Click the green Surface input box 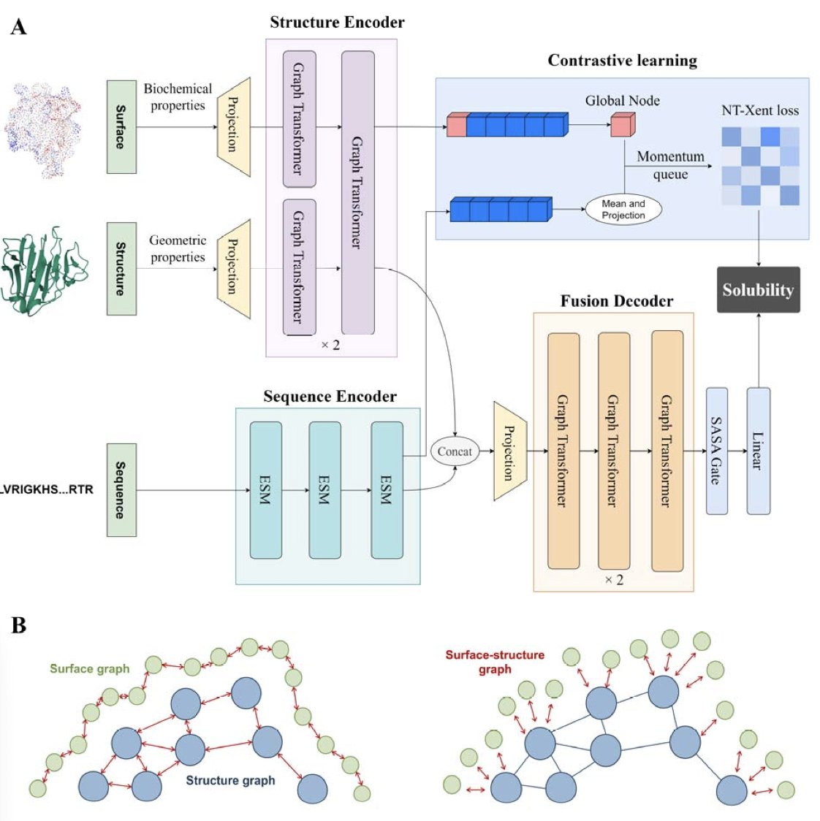point(121,127)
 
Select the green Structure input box point(121,269)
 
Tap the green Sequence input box point(121,489)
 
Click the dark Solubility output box point(758,290)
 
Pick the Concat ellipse point(455,451)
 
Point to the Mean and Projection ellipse point(623,210)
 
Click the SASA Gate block point(717,451)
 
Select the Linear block point(758,451)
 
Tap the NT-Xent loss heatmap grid point(760,166)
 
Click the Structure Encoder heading point(337,23)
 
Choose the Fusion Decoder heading point(617,301)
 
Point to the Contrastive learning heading point(623,61)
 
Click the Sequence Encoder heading point(330,397)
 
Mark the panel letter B point(19,625)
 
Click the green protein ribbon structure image point(44,272)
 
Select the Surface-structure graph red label point(495,662)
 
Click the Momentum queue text point(670,165)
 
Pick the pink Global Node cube point(623,126)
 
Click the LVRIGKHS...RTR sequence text point(47,489)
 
